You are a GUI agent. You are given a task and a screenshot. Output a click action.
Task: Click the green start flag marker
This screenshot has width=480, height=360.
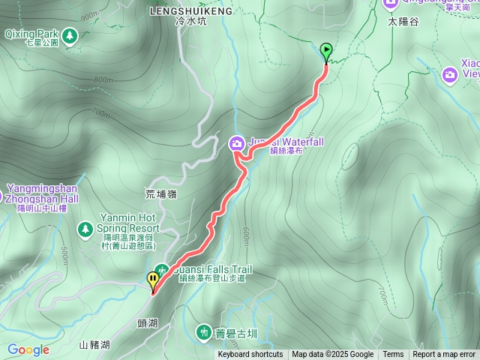tap(326, 51)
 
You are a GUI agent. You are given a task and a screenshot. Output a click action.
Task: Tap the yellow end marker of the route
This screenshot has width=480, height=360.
tap(154, 281)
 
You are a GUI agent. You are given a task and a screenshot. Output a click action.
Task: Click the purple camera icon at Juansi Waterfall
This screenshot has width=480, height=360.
tap(236, 142)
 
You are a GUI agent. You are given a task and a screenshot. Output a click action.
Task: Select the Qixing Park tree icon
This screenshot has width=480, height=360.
tap(70, 35)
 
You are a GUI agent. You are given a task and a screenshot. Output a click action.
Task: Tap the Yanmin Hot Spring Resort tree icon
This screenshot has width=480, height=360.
tap(85, 227)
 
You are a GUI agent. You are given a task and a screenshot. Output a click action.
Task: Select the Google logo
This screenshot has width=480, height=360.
tap(28, 349)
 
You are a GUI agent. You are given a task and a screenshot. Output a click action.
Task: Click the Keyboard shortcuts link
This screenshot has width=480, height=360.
tap(250, 355)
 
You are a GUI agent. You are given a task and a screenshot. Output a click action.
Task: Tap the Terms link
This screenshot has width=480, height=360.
tap(393, 355)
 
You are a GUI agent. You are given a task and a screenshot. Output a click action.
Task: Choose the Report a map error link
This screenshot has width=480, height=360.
tap(444, 355)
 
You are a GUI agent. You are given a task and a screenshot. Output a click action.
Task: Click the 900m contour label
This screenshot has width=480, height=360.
tap(88, 16)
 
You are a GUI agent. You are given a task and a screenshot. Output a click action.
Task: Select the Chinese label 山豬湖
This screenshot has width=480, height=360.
tap(94, 345)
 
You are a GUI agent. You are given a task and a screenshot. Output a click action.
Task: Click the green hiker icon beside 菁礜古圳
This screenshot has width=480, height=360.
tap(203, 331)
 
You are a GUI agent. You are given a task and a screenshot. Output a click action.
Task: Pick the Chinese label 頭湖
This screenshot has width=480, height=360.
tap(148, 322)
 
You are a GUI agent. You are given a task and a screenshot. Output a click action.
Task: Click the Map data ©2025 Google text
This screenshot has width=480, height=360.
tap(332, 355)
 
